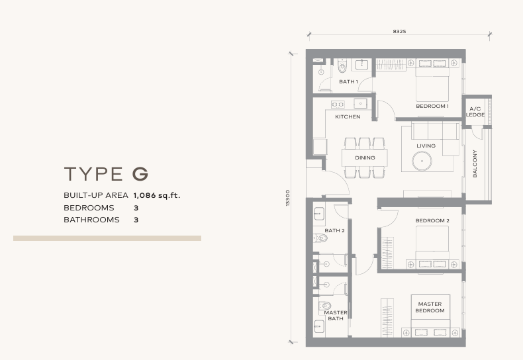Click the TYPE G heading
(x=106, y=174)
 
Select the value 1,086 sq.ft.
(x=157, y=196)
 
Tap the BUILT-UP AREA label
(x=96, y=196)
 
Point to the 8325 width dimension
(x=399, y=31)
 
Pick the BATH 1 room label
(x=348, y=82)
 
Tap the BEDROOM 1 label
(x=432, y=106)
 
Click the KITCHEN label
(x=348, y=117)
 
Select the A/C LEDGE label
(x=475, y=111)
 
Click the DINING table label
(x=365, y=158)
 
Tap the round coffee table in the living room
(x=422, y=161)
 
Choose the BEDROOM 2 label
(x=432, y=220)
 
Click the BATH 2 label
(x=334, y=231)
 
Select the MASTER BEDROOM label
(x=430, y=307)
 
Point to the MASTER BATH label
(x=336, y=316)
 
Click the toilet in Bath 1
(x=342, y=66)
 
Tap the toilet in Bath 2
(x=321, y=238)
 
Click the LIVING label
(x=426, y=146)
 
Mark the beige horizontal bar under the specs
(x=107, y=238)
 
